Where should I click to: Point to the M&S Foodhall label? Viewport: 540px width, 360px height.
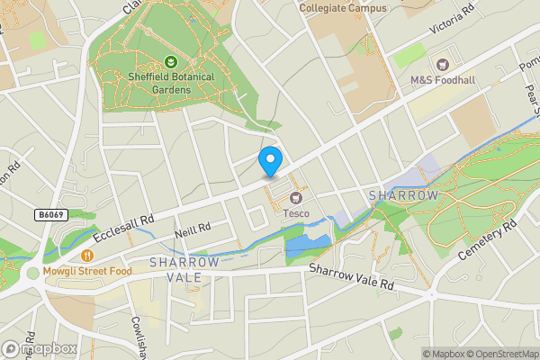(442, 80)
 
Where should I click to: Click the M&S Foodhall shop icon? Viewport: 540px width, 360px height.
(442, 64)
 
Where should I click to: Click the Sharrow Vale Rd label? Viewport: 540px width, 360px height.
(352, 277)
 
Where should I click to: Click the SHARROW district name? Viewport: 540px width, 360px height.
(403, 195)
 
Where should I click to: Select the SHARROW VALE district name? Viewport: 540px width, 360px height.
(184, 269)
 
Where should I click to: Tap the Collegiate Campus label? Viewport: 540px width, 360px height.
(343, 8)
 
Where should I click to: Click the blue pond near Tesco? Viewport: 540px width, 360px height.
(306, 241)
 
